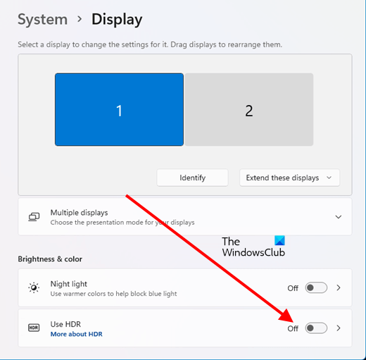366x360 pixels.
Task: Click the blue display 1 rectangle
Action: tap(119, 109)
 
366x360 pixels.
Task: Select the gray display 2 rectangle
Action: tap(249, 109)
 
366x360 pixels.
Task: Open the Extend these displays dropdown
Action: tap(289, 178)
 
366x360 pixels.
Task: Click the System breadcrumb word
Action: tap(43, 19)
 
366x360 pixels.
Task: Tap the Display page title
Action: tap(117, 20)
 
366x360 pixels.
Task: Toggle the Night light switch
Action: tap(316, 287)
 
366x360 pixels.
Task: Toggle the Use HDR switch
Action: tap(316, 328)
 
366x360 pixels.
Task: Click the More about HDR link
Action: tap(77, 334)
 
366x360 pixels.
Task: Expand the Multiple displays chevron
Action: tap(339, 217)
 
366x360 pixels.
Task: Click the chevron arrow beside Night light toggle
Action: tap(339, 287)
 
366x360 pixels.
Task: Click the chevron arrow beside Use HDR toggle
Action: tap(339, 328)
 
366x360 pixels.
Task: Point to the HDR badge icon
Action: tap(34, 328)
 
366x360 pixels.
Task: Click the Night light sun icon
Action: tap(34, 287)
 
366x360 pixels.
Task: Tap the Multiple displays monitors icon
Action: tap(34, 217)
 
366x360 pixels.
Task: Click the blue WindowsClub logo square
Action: tap(279, 240)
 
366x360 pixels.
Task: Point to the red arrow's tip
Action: tap(293, 322)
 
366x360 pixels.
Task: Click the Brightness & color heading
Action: tap(50, 259)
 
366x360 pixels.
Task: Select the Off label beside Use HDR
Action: tap(293, 328)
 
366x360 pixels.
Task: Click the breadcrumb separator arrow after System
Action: tap(80, 19)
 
